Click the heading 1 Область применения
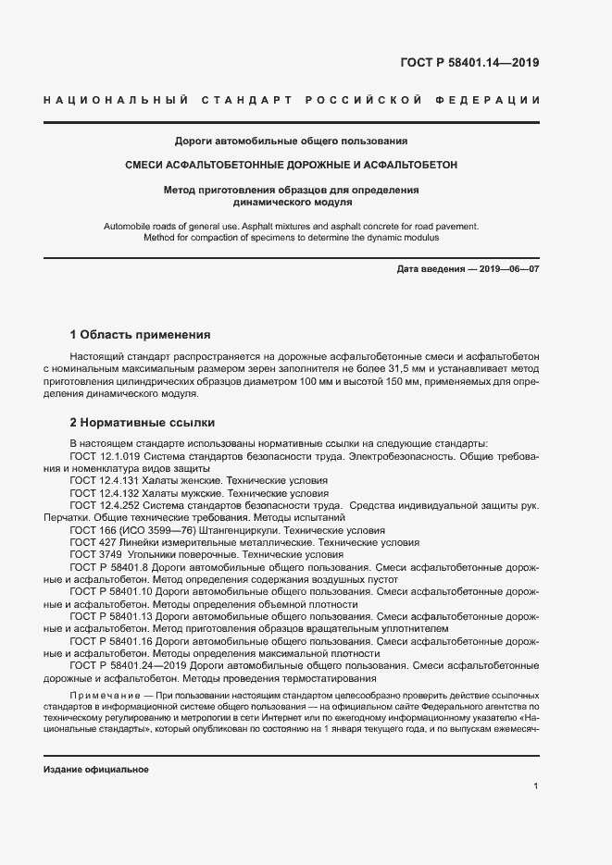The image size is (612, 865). point(141,334)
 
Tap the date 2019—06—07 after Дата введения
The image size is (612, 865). point(508,268)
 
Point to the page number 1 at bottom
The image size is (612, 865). point(536,785)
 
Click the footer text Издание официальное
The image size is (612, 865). point(96,770)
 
